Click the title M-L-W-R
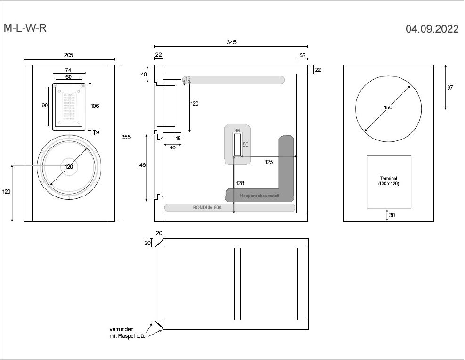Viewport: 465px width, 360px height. coord(25,28)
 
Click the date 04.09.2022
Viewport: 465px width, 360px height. coord(432,29)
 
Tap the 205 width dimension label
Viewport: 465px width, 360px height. coord(68,55)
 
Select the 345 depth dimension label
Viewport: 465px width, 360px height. coord(231,42)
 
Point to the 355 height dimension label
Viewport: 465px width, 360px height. coord(126,137)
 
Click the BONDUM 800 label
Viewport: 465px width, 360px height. coord(207,207)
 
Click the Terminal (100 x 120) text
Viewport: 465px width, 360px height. coord(388,181)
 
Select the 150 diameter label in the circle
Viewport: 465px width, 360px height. coord(388,108)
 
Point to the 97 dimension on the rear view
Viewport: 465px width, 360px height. coord(450,88)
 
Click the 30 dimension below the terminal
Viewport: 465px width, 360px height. coord(392,215)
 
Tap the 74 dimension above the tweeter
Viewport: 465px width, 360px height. coord(68,70)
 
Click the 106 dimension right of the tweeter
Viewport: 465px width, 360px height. coord(95,106)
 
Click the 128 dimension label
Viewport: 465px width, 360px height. coord(239,183)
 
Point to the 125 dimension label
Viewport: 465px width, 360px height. coord(269,162)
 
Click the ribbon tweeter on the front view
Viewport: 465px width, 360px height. coord(69,107)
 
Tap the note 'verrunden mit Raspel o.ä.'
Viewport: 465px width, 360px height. coord(127,333)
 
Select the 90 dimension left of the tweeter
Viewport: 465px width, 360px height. coord(45,106)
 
